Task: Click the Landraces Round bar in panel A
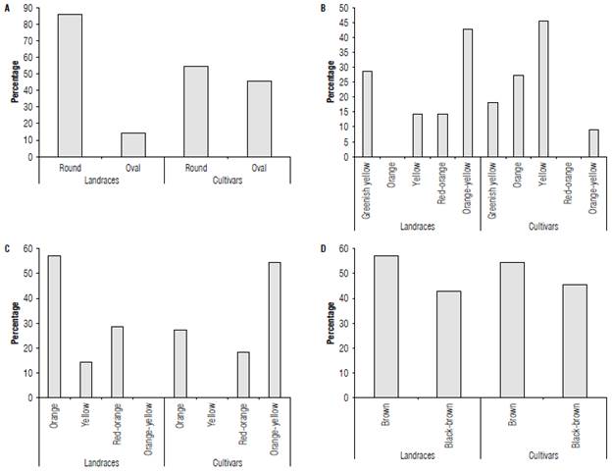pyautogui.click(x=70, y=85)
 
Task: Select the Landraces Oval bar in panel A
pyautogui.click(x=132, y=144)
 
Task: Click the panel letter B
pyautogui.click(x=324, y=8)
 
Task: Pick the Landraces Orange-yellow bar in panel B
pyautogui.click(x=467, y=93)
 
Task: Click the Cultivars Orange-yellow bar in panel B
pyautogui.click(x=592, y=143)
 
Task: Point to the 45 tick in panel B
pyautogui.click(x=343, y=23)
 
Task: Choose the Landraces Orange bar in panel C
pyautogui.click(x=54, y=327)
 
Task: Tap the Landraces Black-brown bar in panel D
pyautogui.click(x=448, y=344)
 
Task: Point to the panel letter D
pyautogui.click(x=324, y=248)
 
